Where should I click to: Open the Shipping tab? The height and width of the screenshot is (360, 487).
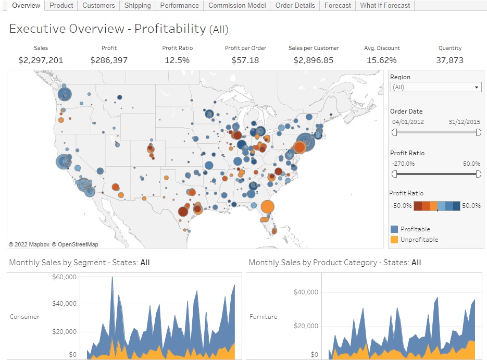click(x=138, y=5)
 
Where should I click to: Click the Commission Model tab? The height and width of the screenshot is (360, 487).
click(x=237, y=5)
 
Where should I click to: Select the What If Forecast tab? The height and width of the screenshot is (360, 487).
click(x=385, y=5)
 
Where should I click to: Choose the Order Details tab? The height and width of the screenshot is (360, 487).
click(x=295, y=5)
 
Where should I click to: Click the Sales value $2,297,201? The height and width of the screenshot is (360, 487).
click(x=41, y=60)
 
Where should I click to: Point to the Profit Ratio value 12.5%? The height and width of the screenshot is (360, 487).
click(x=177, y=60)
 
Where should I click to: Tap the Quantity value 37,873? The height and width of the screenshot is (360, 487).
click(x=449, y=60)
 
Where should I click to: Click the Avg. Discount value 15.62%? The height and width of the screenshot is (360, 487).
click(x=382, y=60)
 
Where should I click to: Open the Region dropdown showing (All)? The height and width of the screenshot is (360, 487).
click(x=435, y=88)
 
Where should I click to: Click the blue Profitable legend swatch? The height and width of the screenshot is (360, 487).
click(x=394, y=229)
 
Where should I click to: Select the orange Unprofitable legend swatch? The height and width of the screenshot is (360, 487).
click(x=394, y=240)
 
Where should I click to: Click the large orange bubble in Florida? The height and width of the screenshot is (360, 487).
click(x=267, y=207)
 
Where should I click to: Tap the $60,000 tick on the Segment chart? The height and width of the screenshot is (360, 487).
click(x=65, y=277)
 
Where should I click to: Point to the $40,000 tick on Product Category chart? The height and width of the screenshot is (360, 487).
click(x=306, y=292)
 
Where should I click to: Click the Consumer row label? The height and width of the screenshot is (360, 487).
click(x=24, y=316)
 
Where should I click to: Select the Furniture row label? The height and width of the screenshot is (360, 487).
click(x=264, y=316)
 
